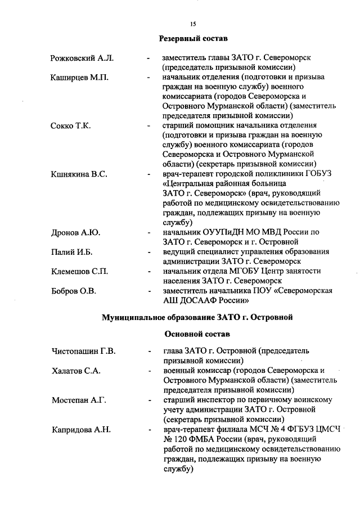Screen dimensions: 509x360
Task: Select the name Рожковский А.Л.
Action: pos(82,58)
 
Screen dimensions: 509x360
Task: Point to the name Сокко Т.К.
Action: pos(70,125)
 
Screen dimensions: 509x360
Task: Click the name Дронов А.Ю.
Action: pos(75,232)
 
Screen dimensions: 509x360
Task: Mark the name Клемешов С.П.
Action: pos(79,272)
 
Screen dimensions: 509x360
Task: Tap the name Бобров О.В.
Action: pos(74,291)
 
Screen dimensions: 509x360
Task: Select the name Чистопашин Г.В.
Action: pos(83,352)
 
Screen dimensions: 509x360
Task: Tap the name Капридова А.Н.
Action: pos(81,430)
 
